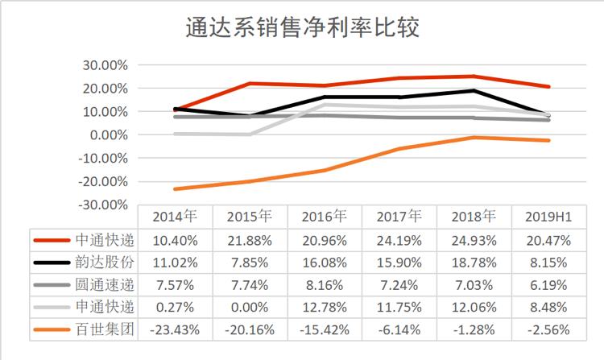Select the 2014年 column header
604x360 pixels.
tap(175, 217)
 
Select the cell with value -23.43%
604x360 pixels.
tap(175, 329)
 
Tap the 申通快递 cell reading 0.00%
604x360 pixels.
tap(250, 307)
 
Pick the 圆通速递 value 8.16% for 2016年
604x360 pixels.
tap(324, 284)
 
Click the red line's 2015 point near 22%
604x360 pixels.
tap(250, 84)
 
